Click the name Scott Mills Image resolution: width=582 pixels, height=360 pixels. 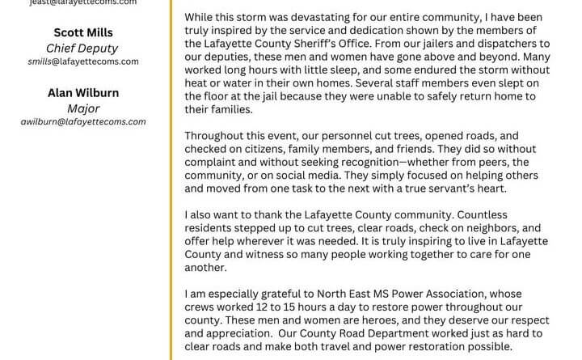[x=83, y=33]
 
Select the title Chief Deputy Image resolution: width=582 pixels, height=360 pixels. [x=83, y=47]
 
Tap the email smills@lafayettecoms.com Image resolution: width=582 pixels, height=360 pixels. [x=83, y=61]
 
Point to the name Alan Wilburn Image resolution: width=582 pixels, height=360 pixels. [x=83, y=94]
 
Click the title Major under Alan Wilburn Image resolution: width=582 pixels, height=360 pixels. [x=83, y=108]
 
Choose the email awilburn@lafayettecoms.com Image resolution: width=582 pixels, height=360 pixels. [x=83, y=121]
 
